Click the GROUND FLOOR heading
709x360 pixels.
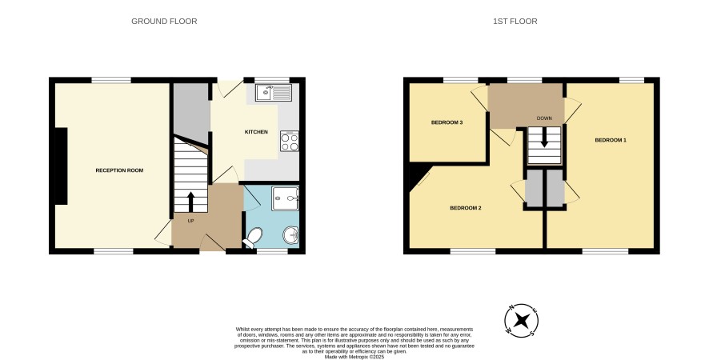pyautogui.click(x=164, y=22)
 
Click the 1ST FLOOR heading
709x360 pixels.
pyautogui.click(x=515, y=22)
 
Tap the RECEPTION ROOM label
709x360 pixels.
pyautogui.click(x=119, y=170)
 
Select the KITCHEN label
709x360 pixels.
pyautogui.click(x=256, y=132)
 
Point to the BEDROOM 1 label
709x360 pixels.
pyautogui.click(x=611, y=140)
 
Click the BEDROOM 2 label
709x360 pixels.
pyautogui.click(x=465, y=208)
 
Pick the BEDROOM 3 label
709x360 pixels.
pyautogui.click(x=447, y=122)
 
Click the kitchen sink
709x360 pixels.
pyautogui.click(x=273, y=93)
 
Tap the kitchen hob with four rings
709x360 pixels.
pyautogui.click(x=290, y=142)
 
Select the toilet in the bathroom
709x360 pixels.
pyautogui.click(x=253, y=238)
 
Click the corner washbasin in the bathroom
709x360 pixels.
pyautogui.click(x=291, y=236)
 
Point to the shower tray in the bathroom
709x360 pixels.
pyautogui.click(x=286, y=198)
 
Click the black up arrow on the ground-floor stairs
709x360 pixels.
pyautogui.click(x=190, y=202)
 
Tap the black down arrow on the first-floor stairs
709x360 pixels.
pyautogui.click(x=544, y=138)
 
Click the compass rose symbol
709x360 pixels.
pyautogui.click(x=522, y=321)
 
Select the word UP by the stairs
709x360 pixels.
pyautogui.click(x=190, y=221)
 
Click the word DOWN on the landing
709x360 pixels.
pyautogui.click(x=544, y=118)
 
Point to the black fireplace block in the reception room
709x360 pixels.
pyautogui.click(x=61, y=166)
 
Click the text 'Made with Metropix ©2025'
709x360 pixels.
pyautogui.click(x=354, y=357)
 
